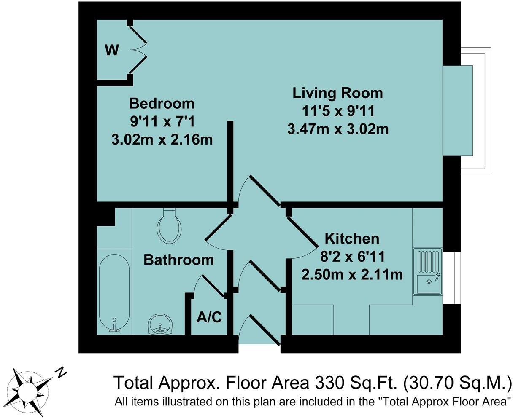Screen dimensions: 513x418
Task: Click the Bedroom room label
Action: (162, 104)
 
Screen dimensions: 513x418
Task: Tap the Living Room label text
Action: (337, 93)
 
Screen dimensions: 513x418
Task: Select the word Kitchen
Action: (352, 238)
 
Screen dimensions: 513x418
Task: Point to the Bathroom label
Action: (178, 260)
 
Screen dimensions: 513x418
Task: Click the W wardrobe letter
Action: (112, 50)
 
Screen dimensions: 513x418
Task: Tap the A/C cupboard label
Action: (209, 317)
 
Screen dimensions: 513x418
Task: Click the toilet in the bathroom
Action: (169, 226)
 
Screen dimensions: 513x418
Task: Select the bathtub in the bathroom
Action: (114, 293)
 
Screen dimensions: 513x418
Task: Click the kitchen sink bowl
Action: (429, 284)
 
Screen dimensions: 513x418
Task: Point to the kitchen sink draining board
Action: (429, 262)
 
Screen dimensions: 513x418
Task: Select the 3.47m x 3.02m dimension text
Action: (338, 129)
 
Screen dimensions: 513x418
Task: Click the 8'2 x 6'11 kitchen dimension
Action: (352, 257)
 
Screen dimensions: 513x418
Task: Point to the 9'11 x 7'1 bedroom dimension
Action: (162, 122)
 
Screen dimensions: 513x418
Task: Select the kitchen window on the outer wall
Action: (452, 278)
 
